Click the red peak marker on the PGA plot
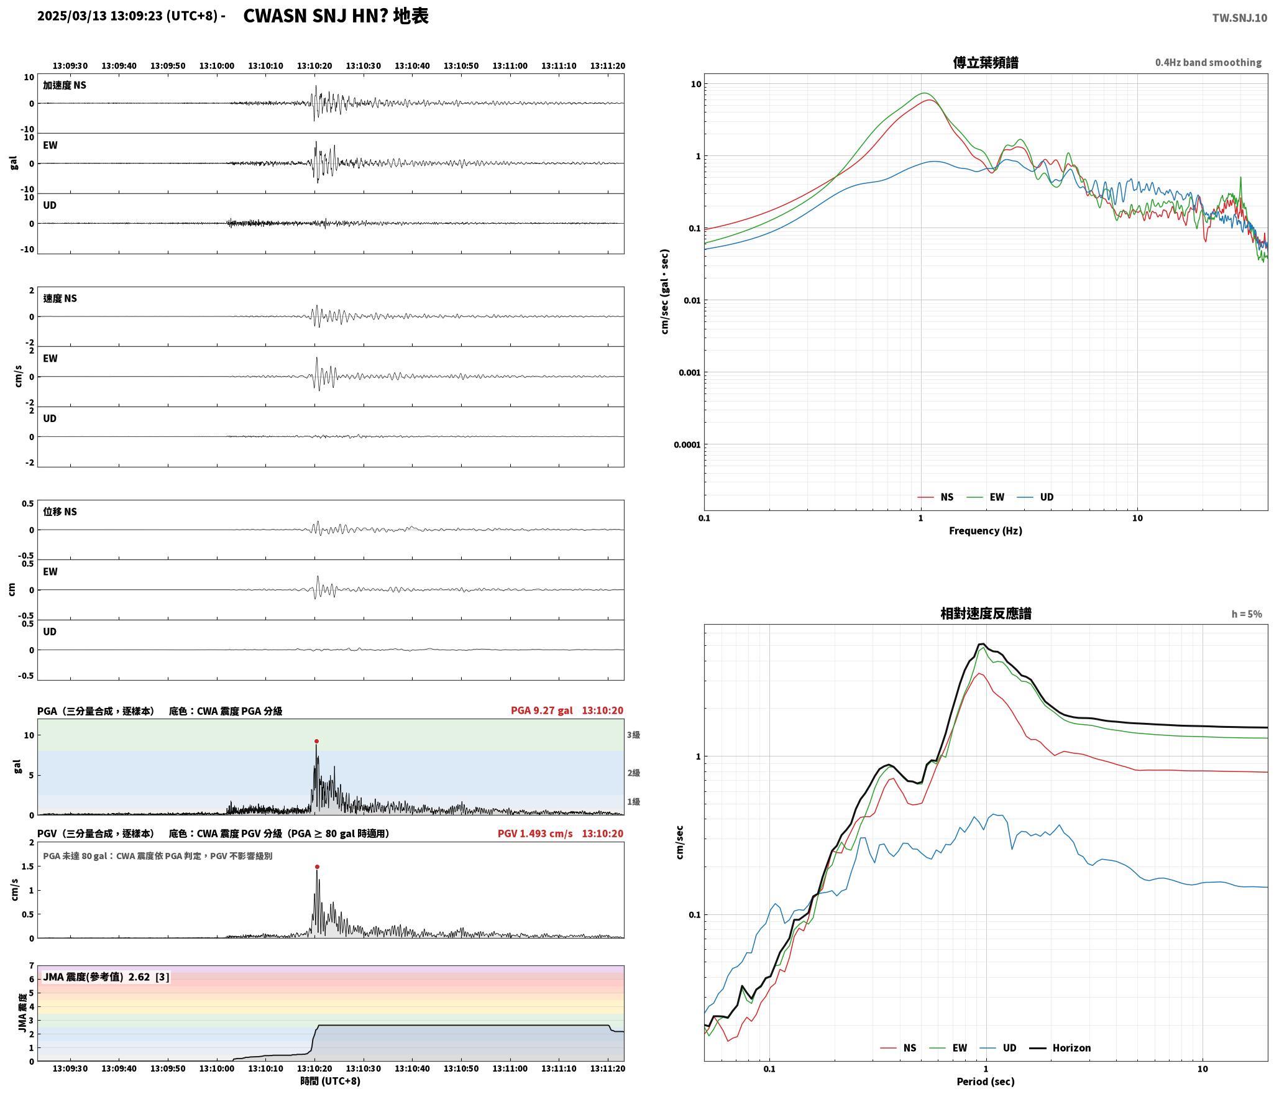(x=316, y=741)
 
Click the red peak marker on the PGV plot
(x=317, y=866)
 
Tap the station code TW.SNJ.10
(x=1239, y=18)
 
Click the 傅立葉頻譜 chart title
(x=986, y=62)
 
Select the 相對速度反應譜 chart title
(x=986, y=614)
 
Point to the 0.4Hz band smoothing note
(x=1208, y=63)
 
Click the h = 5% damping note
(x=1247, y=614)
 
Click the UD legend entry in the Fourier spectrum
(x=1035, y=497)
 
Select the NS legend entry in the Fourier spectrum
(x=935, y=497)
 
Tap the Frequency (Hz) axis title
(x=986, y=531)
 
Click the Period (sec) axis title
(x=986, y=1082)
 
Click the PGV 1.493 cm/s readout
(x=535, y=834)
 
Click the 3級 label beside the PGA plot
(x=633, y=735)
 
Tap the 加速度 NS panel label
(x=65, y=85)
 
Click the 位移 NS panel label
(x=60, y=512)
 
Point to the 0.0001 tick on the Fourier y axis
(x=687, y=445)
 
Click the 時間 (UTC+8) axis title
(x=331, y=1081)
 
